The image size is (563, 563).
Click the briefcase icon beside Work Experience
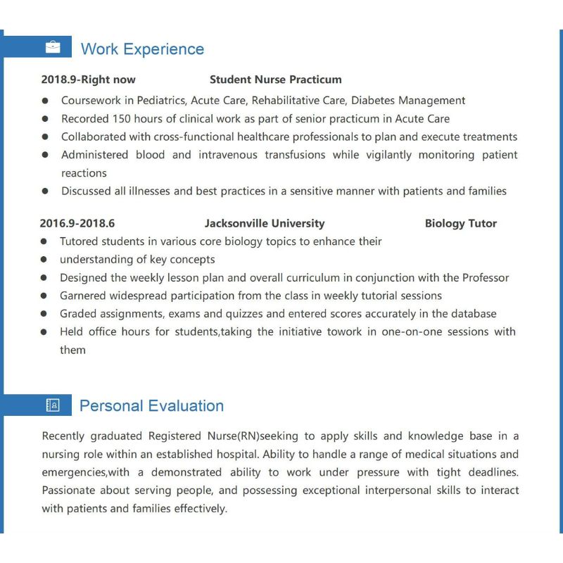pyautogui.click(x=53, y=48)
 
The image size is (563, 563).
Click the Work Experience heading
pyautogui.click(x=142, y=49)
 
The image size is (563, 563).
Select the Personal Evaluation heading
pyautogui.click(x=151, y=406)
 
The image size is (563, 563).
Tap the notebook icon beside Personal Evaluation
pyautogui.click(x=53, y=405)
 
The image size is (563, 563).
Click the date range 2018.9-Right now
pyautogui.click(x=88, y=80)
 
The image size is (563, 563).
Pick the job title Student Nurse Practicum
pyautogui.click(x=275, y=80)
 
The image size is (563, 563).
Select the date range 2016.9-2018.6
pyautogui.click(x=77, y=224)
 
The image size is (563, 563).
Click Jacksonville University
pyautogui.click(x=265, y=224)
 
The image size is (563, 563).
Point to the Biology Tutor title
pyautogui.click(x=460, y=224)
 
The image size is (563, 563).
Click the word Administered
pyautogui.click(x=95, y=155)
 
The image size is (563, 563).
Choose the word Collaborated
pyautogui.click(x=94, y=137)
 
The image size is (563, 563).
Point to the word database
pyautogui.click(x=473, y=314)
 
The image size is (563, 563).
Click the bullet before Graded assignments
pyautogui.click(x=44, y=314)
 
